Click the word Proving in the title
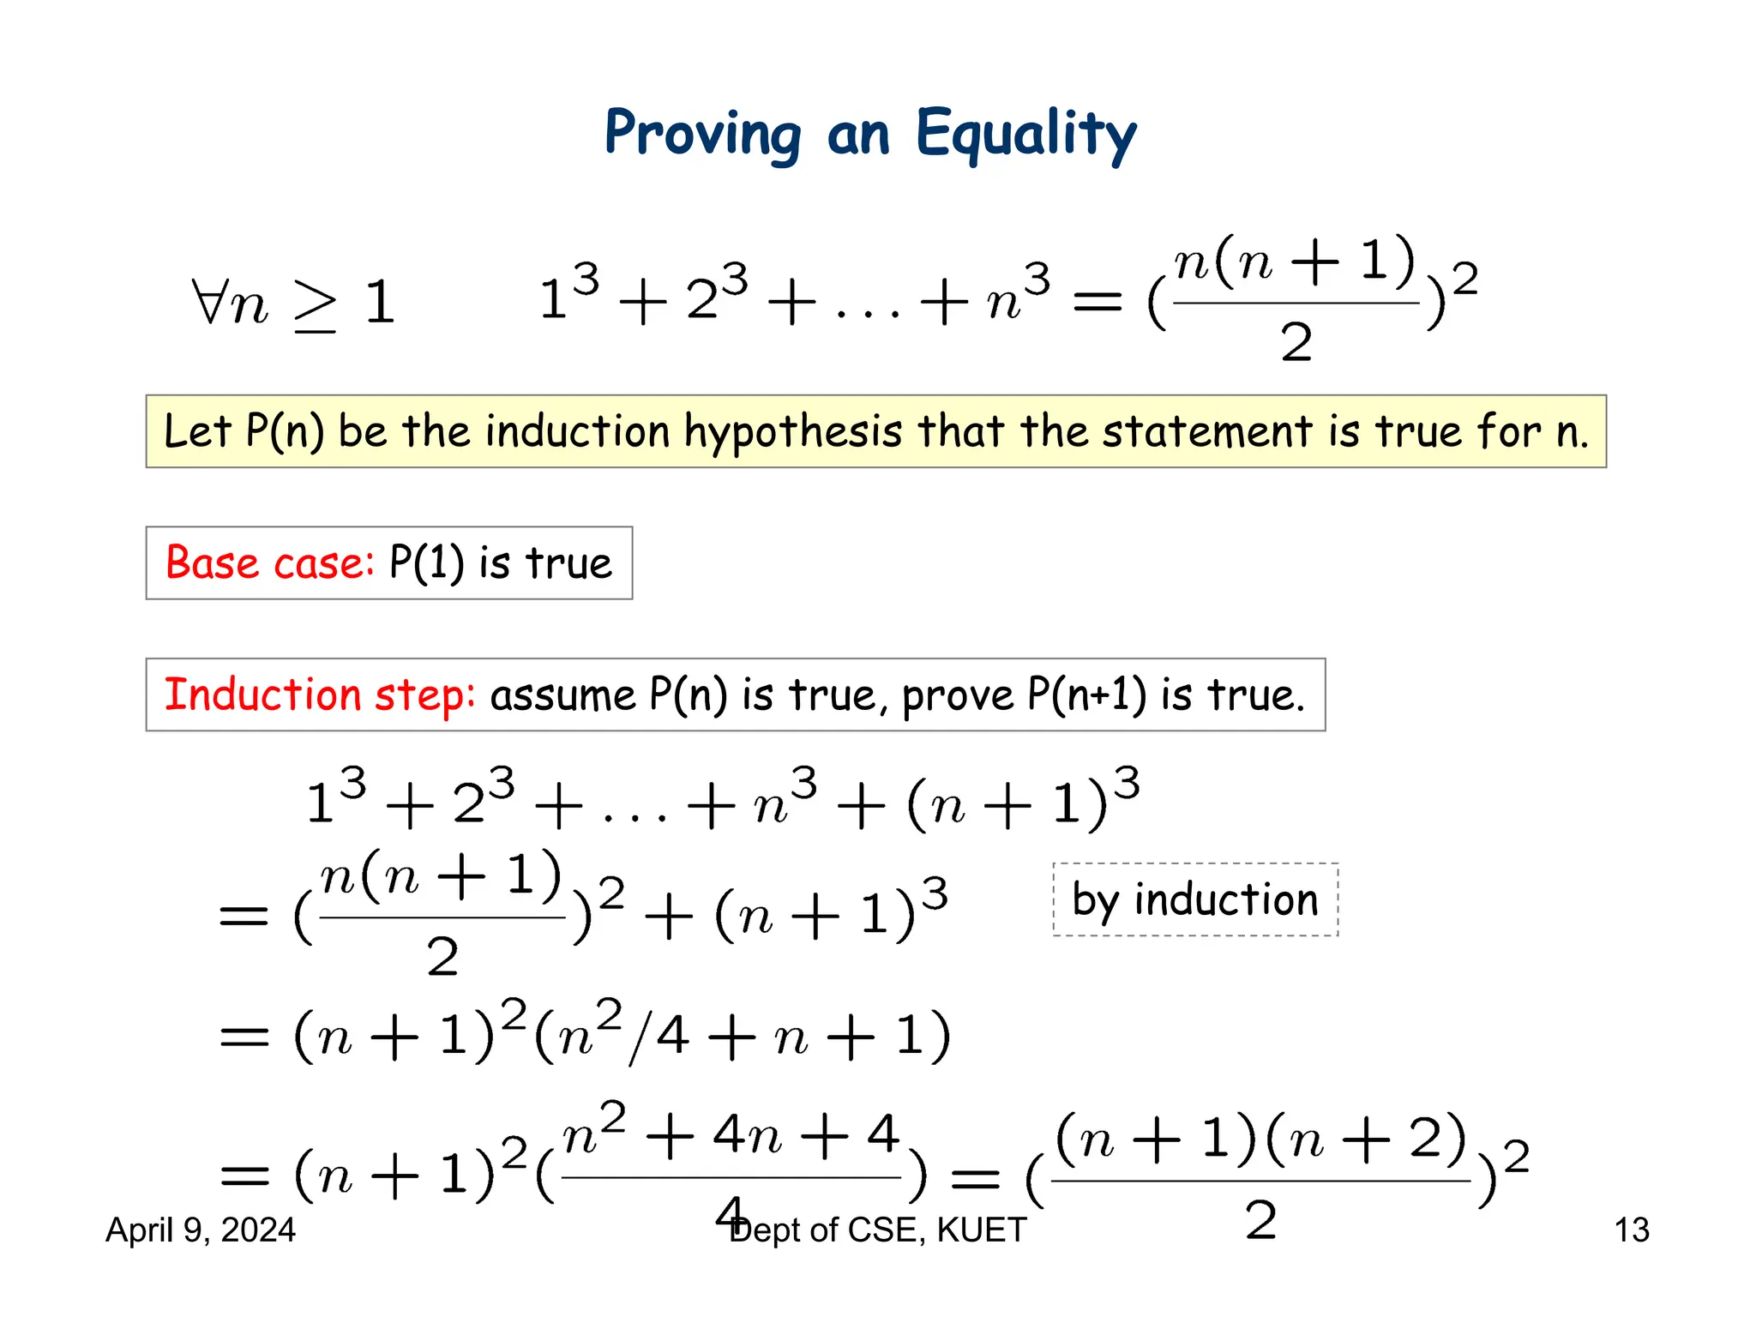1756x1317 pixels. [x=703, y=134]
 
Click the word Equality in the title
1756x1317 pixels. [x=1025, y=134]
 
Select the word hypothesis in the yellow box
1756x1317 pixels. [x=793, y=431]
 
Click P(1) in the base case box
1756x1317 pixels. [x=426, y=563]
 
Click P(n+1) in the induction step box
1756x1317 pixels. [x=1086, y=695]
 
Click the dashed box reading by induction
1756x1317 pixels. [x=1195, y=899]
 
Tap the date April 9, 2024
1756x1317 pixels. [x=201, y=1230]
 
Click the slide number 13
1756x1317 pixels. [x=1631, y=1230]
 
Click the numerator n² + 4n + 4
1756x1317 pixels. [x=731, y=1136]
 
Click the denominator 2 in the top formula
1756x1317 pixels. [x=1296, y=343]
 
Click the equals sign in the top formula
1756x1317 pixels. [x=1097, y=301]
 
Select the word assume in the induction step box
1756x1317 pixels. [x=562, y=695]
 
